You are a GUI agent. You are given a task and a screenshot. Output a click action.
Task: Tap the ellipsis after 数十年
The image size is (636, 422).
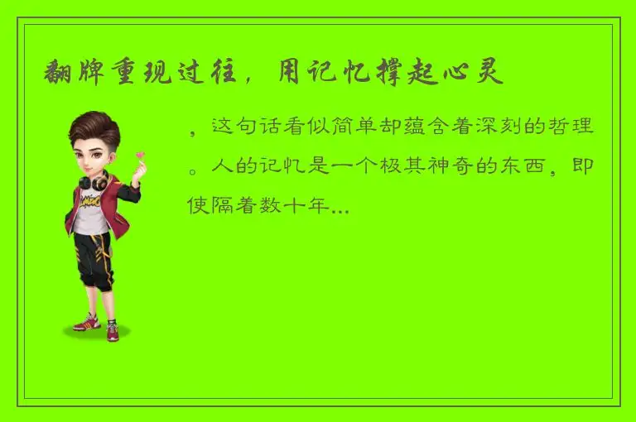[x=339, y=209]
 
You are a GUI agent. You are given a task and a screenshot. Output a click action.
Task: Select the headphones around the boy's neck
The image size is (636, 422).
[x=94, y=180]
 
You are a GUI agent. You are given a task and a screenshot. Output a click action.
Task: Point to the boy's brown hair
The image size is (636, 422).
[x=94, y=128]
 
